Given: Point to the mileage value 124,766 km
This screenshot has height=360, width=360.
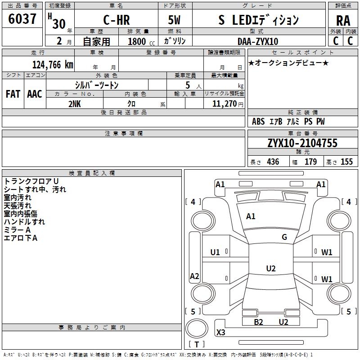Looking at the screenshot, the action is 53,64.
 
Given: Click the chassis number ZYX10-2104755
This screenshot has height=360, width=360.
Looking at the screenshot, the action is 302,143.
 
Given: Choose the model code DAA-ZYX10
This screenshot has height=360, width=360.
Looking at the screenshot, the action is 258,41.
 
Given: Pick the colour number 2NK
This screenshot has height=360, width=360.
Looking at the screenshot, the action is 75,103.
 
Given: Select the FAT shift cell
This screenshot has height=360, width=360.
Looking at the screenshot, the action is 13,94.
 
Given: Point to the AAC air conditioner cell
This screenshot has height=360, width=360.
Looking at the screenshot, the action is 35,94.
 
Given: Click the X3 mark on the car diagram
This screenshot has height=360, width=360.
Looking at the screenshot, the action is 221,333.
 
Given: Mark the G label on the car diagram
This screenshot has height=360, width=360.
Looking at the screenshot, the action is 284,237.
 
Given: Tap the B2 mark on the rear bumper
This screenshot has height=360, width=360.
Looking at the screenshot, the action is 258,322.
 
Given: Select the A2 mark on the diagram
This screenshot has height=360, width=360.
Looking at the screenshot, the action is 194,276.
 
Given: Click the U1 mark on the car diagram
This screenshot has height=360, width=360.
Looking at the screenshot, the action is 215,252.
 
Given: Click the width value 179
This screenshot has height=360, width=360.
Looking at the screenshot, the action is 310,162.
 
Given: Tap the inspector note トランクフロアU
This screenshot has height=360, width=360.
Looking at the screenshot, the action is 31,181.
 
